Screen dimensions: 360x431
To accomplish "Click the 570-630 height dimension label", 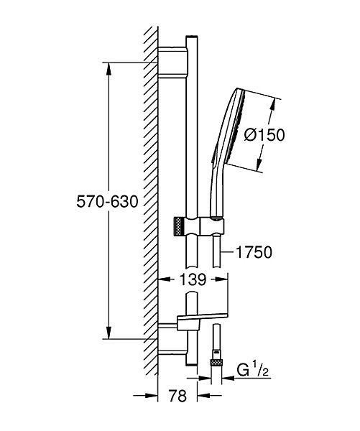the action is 107,202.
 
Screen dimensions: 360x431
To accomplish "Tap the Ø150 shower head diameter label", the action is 264,135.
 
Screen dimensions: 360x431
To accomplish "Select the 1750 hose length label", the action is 254,252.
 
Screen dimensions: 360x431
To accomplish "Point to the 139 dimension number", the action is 193,279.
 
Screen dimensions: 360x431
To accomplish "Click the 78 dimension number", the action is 177,396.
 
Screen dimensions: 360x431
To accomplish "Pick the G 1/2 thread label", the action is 252,371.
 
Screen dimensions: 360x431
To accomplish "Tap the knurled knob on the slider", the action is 179,226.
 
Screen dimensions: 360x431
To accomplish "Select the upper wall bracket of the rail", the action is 173,62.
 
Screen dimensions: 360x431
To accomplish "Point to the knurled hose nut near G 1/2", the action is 216,362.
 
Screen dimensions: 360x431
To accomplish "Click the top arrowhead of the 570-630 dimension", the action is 109,69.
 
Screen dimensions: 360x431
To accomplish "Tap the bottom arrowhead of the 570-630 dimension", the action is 109,333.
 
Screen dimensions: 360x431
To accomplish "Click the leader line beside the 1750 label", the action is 227,251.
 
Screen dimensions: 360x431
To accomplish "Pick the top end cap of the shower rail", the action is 191,37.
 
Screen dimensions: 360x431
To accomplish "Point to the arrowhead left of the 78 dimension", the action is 152,396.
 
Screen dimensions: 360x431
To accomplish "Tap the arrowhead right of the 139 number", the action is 221,279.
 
